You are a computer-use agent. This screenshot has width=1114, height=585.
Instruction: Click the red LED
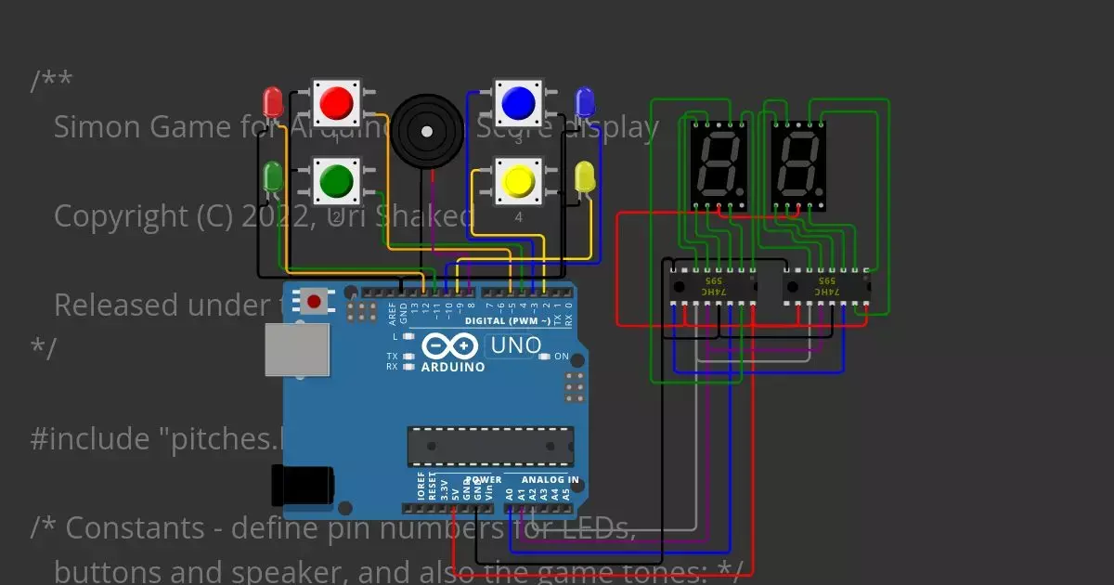pos(272,101)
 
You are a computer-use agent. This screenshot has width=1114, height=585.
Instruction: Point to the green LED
pos(272,175)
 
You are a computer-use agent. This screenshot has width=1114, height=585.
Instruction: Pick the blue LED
pos(585,101)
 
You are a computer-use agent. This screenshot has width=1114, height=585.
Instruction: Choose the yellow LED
pos(585,176)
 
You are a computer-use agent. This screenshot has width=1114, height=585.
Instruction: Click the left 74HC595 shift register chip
pos(713,287)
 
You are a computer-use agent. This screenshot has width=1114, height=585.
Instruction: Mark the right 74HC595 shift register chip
pos(825,287)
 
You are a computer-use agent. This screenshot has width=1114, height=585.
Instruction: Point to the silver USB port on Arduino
pos(297,350)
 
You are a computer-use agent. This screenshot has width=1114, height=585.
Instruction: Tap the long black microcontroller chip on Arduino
pos(489,446)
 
